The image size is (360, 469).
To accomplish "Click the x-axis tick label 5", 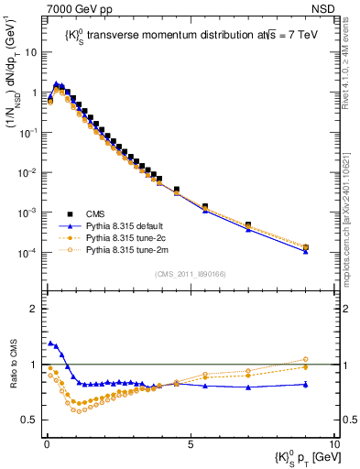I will pyautogui.click(x=190, y=444).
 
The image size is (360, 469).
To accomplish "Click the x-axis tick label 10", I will pyautogui.click(x=333, y=444).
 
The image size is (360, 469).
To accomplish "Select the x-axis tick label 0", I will pyautogui.click(x=47, y=444).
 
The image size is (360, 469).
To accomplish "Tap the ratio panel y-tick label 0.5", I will pyautogui.click(x=31, y=420).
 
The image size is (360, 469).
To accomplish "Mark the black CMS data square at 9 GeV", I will pyautogui.click(x=305, y=247).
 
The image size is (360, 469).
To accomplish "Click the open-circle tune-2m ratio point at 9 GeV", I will pyautogui.click(x=305, y=360).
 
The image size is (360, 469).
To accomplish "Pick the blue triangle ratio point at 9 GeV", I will pyautogui.click(x=305, y=384).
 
